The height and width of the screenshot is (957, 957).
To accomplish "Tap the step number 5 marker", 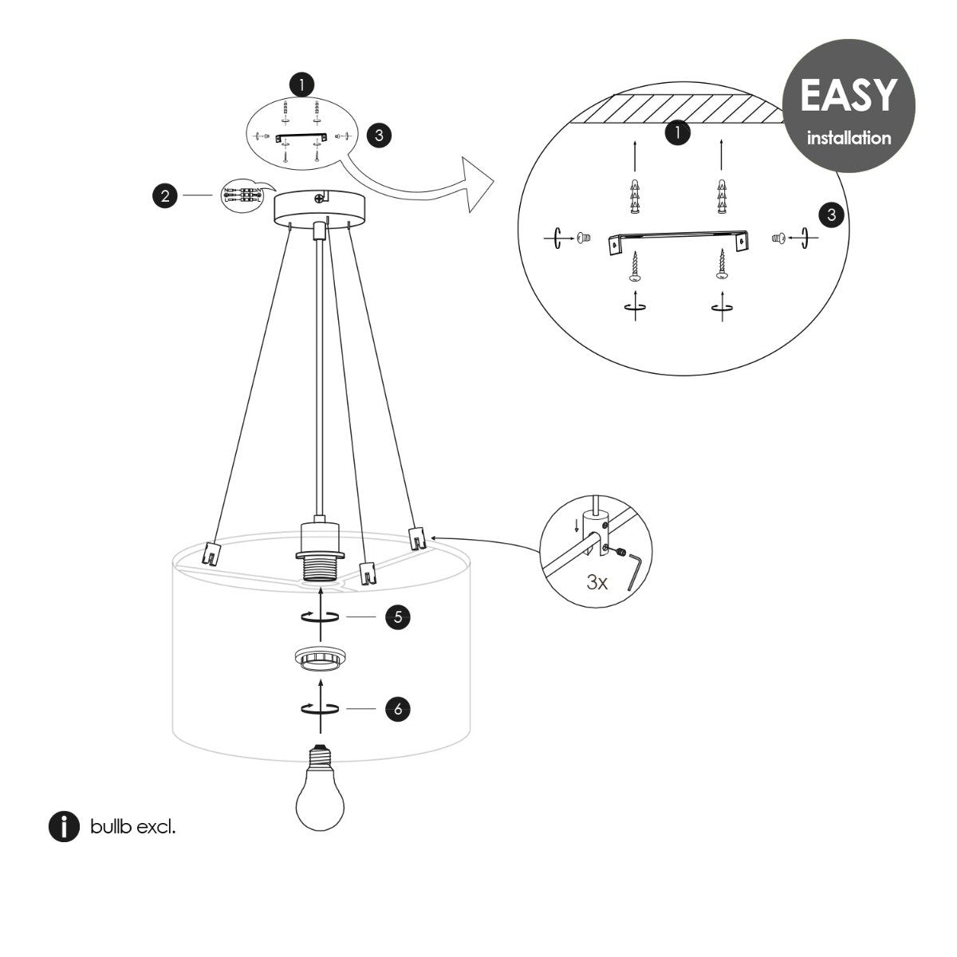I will [397, 617].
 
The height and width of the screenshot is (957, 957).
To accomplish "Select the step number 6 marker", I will [397, 708].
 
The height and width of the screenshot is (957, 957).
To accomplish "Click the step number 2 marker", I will [164, 195].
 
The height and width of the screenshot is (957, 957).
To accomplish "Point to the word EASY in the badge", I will [848, 95].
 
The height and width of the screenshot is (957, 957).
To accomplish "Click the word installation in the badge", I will [849, 138].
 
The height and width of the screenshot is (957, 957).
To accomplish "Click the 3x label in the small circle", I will [597, 582].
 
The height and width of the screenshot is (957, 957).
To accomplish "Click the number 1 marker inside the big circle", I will [677, 133].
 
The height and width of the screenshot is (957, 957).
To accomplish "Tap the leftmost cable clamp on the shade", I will [211, 552].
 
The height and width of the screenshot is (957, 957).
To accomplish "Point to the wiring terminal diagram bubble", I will [242, 197].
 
